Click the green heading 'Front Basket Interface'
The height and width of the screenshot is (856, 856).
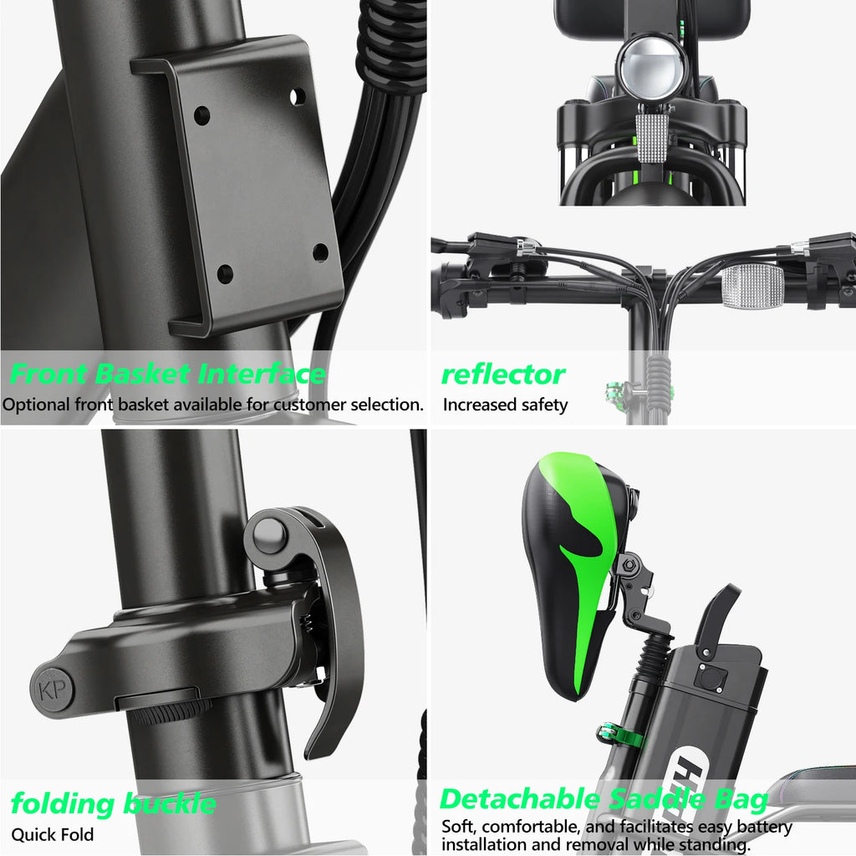click(x=167, y=374)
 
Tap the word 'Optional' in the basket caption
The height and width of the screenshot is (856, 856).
click(x=36, y=405)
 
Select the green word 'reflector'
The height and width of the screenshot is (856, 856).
click(x=503, y=374)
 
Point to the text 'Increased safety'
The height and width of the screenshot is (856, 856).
click(x=505, y=405)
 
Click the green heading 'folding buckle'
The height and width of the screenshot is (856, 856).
click(x=113, y=804)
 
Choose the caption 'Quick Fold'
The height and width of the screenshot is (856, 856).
click(x=53, y=834)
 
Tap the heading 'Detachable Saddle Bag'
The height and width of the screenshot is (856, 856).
click(x=604, y=799)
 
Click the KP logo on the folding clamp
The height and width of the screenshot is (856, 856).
click(x=53, y=691)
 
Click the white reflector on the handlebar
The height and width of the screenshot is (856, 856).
click(x=752, y=288)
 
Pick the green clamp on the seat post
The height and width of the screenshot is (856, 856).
click(x=619, y=736)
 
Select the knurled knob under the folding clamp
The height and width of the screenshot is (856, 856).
click(x=171, y=712)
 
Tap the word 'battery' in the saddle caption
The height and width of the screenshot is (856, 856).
click(x=762, y=828)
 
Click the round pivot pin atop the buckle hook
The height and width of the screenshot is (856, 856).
click(x=270, y=535)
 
